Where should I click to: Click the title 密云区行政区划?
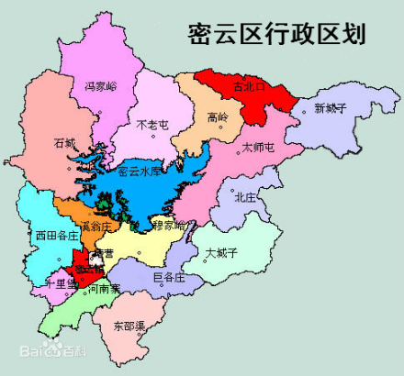tap(275, 34)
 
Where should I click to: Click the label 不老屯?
tap(151, 124)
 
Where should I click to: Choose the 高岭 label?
tap(218, 117)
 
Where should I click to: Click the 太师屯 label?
tap(258, 147)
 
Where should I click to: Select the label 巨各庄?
tap(169, 275)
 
